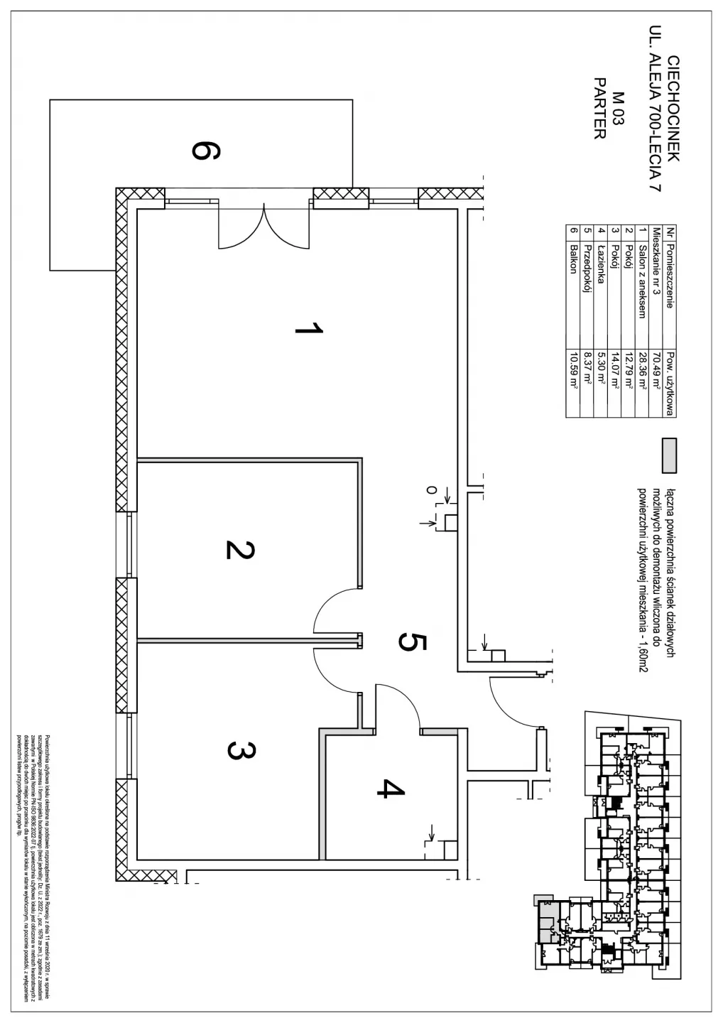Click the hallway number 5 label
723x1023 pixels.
click(412, 642)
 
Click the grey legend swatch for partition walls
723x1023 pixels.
click(668, 455)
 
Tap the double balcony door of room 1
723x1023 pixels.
click(263, 226)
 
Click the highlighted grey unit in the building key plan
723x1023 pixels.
click(548, 920)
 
